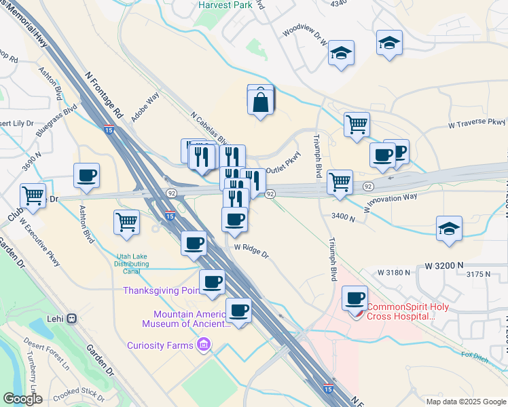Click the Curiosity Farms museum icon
[202, 346]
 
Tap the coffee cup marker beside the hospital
[355, 298]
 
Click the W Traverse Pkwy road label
[477, 123]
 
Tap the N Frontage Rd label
[103, 92]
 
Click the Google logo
[22, 399]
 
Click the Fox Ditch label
[475, 354]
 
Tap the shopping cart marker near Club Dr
[33, 195]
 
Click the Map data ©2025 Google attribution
[465, 402]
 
